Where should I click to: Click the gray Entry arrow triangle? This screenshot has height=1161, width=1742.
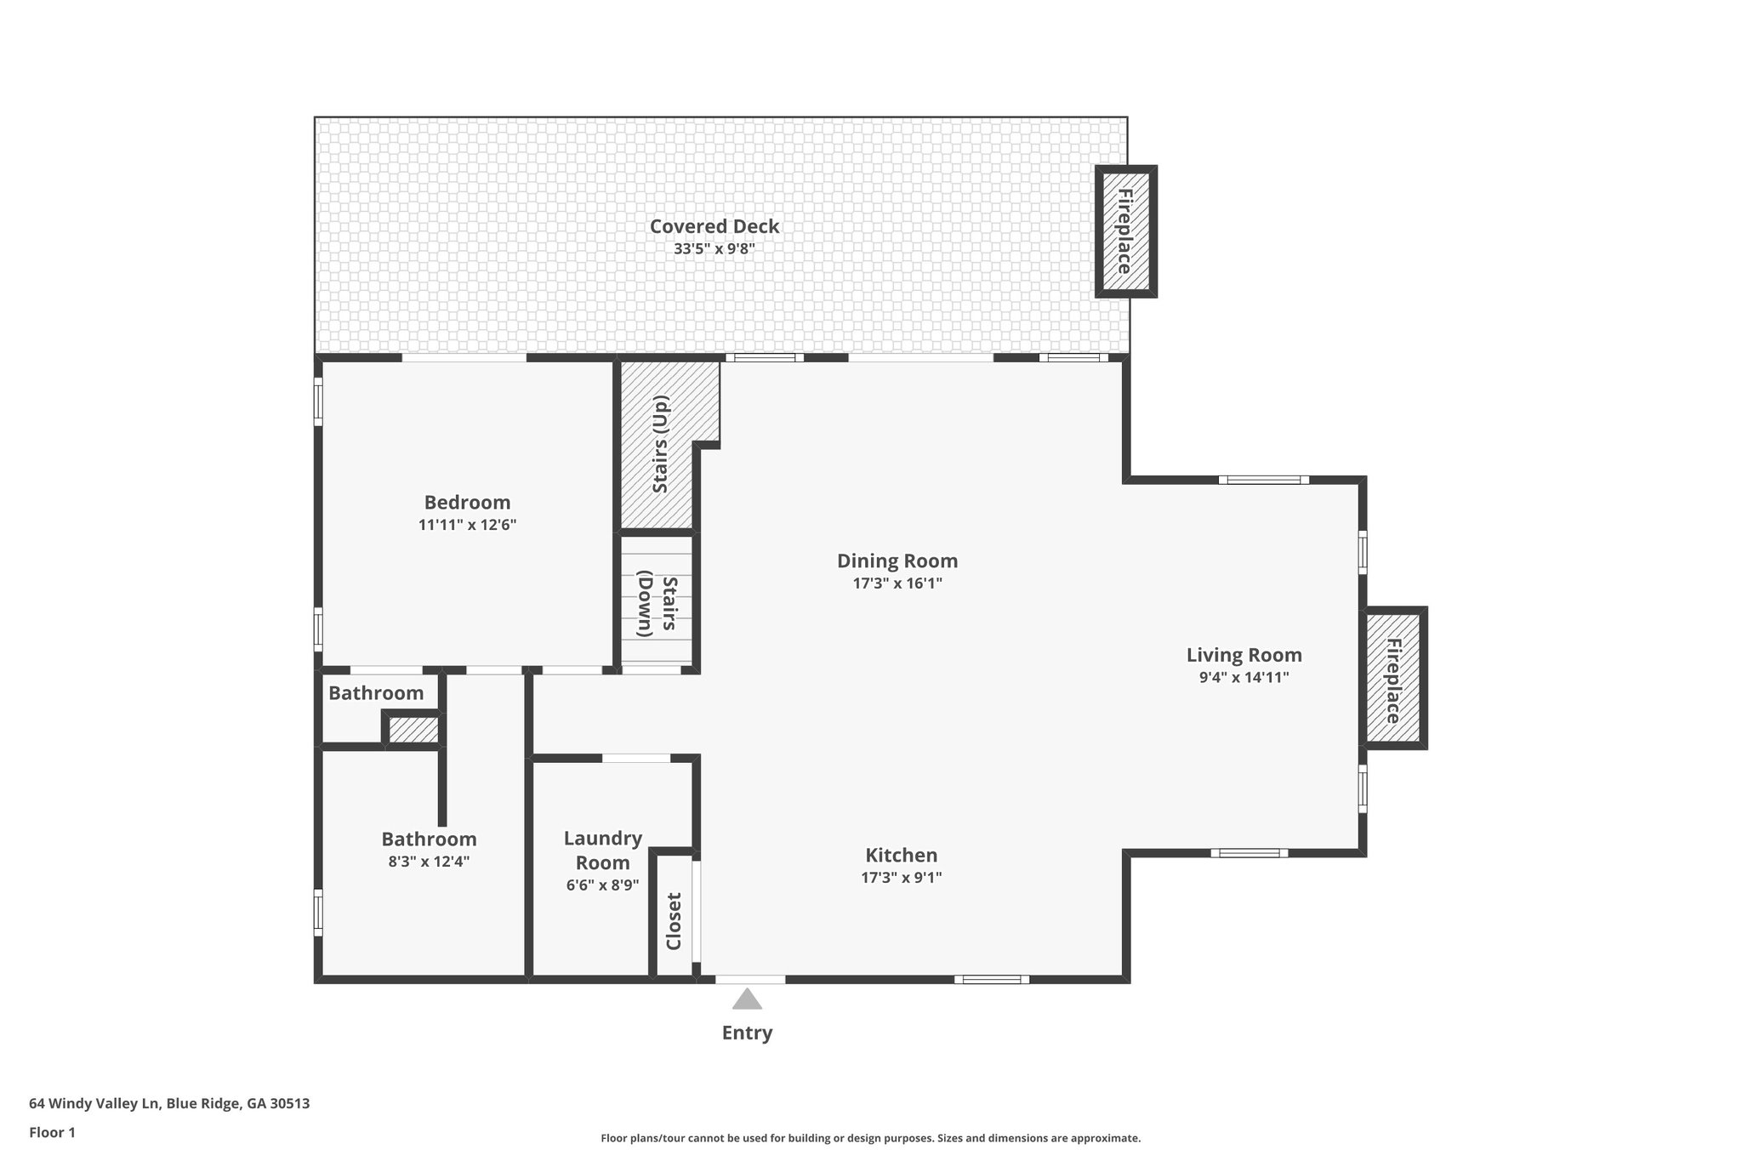(x=747, y=999)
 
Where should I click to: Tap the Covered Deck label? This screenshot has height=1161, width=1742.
(x=714, y=226)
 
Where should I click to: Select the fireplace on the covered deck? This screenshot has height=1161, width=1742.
(x=1124, y=231)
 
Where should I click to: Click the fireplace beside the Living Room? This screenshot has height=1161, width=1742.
(x=1395, y=679)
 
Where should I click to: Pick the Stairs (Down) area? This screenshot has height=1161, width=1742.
(x=657, y=606)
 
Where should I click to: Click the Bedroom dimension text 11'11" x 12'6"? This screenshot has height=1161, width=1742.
(x=467, y=525)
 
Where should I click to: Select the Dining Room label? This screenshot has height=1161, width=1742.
(x=897, y=561)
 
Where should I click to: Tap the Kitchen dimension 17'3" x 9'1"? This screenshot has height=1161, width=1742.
(x=902, y=877)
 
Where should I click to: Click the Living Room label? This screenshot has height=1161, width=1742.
(x=1244, y=655)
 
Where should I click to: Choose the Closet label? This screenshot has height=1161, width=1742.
(x=675, y=920)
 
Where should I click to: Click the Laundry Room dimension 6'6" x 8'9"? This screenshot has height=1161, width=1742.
(x=602, y=885)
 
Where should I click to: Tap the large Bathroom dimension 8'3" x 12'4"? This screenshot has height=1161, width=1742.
(x=429, y=861)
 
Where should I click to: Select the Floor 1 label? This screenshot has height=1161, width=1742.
(x=52, y=1132)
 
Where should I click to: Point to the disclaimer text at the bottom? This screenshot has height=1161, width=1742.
(x=870, y=1138)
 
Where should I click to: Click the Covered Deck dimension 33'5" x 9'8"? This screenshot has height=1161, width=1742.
(x=714, y=249)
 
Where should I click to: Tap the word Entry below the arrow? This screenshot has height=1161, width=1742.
(x=747, y=1033)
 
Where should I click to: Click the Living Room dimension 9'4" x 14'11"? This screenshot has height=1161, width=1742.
(x=1244, y=678)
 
